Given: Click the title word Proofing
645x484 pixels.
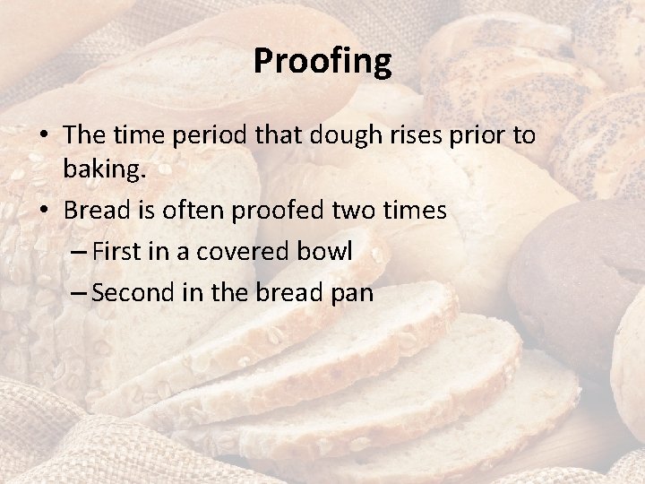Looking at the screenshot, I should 322,61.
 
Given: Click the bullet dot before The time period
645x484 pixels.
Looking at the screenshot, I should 43,137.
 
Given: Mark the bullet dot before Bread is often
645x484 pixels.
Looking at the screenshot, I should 43,212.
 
